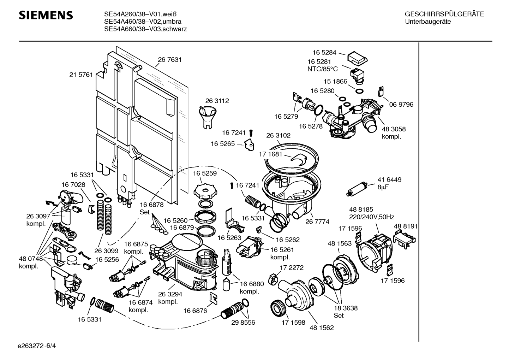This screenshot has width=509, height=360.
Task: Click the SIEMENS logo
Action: coord(46,15)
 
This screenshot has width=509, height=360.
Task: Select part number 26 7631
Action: coord(170,60)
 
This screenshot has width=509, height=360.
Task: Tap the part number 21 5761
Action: coord(81,75)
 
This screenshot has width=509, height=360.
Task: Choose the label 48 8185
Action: coord(361,209)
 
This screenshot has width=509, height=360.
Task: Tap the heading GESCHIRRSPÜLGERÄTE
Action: coord(444,14)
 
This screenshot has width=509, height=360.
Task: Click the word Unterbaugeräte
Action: coord(428,22)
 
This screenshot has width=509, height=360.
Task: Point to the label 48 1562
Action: coord(322,327)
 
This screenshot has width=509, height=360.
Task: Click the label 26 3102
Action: coord(279,135)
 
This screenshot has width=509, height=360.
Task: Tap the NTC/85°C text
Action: coord(322,69)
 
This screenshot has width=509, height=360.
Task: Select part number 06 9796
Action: coord(401,105)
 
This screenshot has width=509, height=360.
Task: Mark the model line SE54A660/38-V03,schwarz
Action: coord(145,29)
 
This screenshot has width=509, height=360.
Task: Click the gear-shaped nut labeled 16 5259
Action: coord(205,191)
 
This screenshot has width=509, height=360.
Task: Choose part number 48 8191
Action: coord(406,226)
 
